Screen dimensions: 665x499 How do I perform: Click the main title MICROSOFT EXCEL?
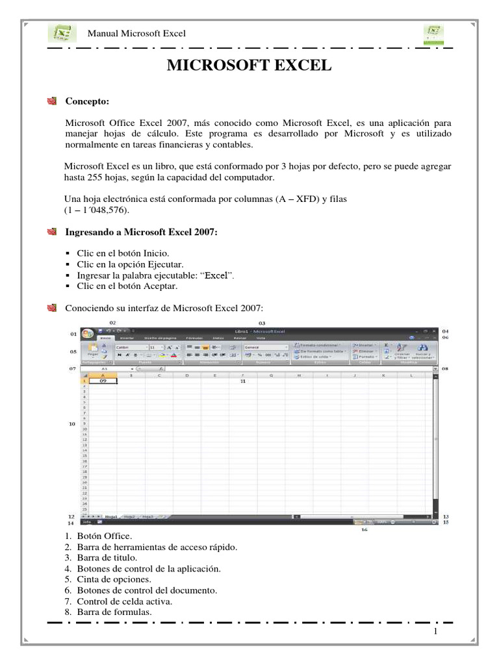pyautogui.click(x=249, y=66)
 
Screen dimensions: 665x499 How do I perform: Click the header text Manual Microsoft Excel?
pyautogui.click(x=136, y=34)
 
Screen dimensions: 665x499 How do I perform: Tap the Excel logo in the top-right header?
pyautogui.click(x=434, y=33)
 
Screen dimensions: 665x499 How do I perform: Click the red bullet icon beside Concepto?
pyautogui.click(x=53, y=101)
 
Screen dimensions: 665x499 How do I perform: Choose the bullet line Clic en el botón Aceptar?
pyautogui.click(x=127, y=286)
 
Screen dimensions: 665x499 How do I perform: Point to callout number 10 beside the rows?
pyautogui.click(x=73, y=423)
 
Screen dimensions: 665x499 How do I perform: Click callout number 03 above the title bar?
pyautogui.click(x=262, y=322)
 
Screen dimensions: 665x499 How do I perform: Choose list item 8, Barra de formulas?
pyautogui.click(x=109, y=612)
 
